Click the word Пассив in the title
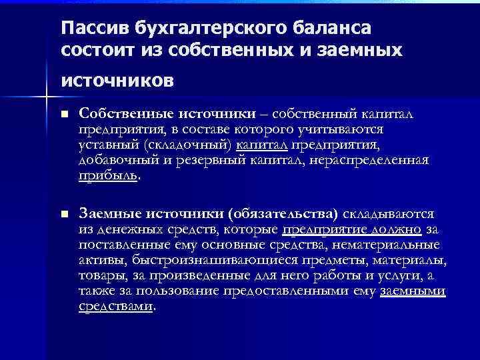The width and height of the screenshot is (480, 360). tap(93, 29)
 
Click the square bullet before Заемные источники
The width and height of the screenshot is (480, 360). tap(64, 214)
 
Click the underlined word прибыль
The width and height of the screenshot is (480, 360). tap(107, 176)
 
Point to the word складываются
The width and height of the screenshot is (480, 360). tap(389, 214)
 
